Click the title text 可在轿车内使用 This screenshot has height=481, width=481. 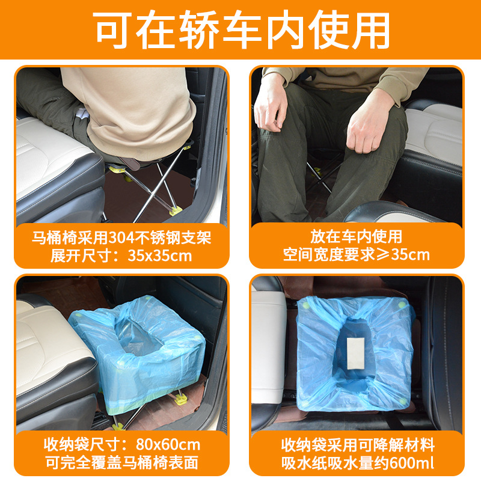pyautogui.click(x=241, y=29)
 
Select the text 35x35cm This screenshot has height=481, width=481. pyautogui.click(x=159, y=256)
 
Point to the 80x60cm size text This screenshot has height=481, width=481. pyautogui.click(x=168, y=444)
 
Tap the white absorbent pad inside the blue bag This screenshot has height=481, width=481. pyautogui.click(x=355, y=354)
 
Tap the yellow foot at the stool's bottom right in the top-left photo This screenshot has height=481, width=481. pyautogui.click(x=176, y=211)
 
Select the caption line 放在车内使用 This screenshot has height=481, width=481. pyautogui.click(x=356, y=236)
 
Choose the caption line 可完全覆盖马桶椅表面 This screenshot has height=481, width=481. pyautogui.click(x=122, y=462)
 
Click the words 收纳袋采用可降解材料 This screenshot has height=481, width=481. pyautogui.click(x=358, y=445)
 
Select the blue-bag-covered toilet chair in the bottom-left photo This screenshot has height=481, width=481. pyautogui.click(x=138, y=353)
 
